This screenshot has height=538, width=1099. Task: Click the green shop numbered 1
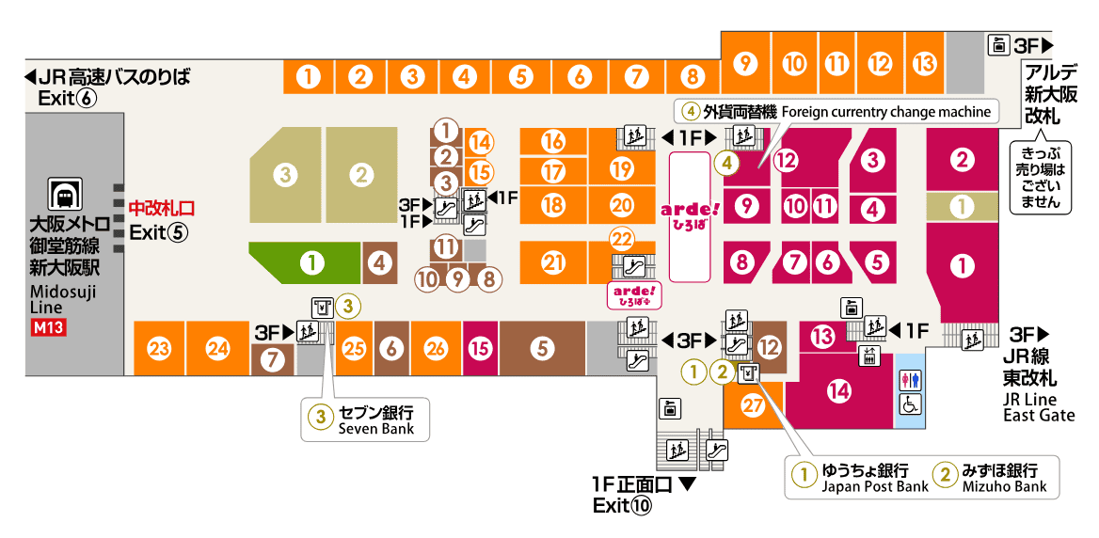[x=310, y=263]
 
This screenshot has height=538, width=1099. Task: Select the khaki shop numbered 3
[x=285, y=173]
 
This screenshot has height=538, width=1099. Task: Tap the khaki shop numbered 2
[x=358, y=173]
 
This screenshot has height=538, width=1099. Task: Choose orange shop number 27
[x=751, y=405]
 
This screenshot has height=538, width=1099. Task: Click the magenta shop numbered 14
[x=838, y=389]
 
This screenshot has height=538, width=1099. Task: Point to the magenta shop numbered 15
[x=481, y=349]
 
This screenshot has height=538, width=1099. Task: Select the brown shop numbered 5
[x=541, y=349]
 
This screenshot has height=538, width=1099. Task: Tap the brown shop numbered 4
[x=379, y=263]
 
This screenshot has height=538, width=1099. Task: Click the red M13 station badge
[x=46, y=328]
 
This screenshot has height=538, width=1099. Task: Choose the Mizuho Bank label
[x=1004, y=486]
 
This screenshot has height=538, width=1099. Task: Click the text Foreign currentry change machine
[x=884, y=112]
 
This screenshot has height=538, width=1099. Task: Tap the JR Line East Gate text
[x=1038, y=407]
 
